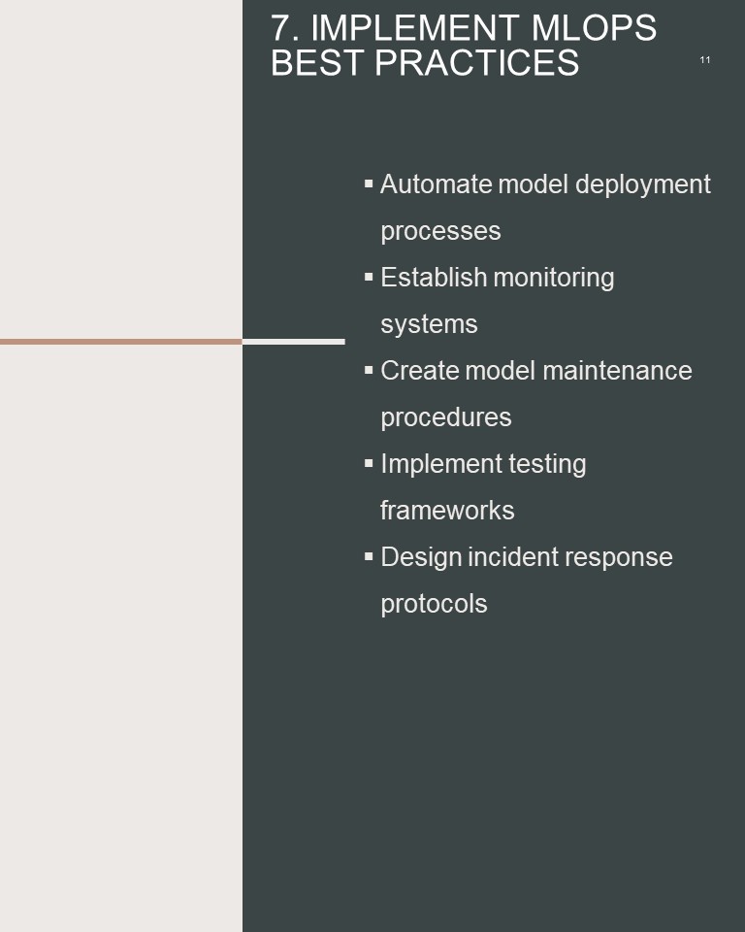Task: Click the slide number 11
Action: [705, 60]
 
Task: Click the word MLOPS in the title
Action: [594, 28]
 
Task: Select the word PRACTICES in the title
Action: [476, 62]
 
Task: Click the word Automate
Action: [437, 184]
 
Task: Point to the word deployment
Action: [643, 185]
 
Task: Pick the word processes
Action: [440, 232]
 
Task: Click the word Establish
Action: [434, 278]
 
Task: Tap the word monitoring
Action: [554, 279]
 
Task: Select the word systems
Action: [429, 325]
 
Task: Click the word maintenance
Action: [617, 371]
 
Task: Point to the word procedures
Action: [445, 417]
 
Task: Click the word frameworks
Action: [447, 511]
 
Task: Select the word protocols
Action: [434, 605]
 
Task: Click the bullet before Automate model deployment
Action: [369, 184]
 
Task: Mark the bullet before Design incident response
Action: [369, 557]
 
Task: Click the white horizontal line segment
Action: [294, 342]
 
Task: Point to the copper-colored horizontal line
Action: [121, 342]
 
